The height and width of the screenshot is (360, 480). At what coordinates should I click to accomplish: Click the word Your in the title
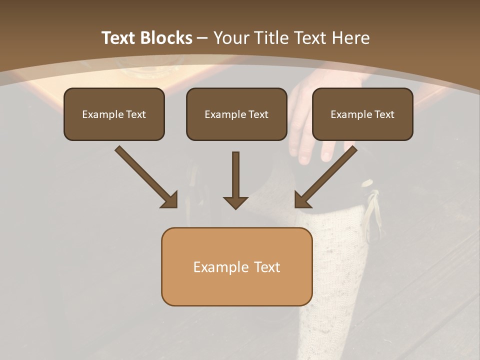[x=230, y=38]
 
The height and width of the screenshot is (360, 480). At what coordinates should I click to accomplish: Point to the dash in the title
[x=202, y=38]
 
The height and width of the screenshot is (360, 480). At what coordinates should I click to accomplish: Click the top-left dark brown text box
[x=114, y=114]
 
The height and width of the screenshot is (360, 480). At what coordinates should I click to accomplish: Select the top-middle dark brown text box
[x=236, y=114]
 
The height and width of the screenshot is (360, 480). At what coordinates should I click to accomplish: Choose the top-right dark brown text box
[x=362, y=114]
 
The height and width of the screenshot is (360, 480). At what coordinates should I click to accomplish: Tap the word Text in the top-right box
[x=384, y=114]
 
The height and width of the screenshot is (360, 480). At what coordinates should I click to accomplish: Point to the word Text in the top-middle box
[x=258, y=114]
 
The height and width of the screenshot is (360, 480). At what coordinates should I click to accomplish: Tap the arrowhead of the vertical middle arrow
[x=235, y=202]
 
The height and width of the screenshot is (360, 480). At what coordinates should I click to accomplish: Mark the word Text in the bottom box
[x=267, y=267]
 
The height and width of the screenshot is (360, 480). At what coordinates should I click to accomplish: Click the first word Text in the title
[x=118, y=38]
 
